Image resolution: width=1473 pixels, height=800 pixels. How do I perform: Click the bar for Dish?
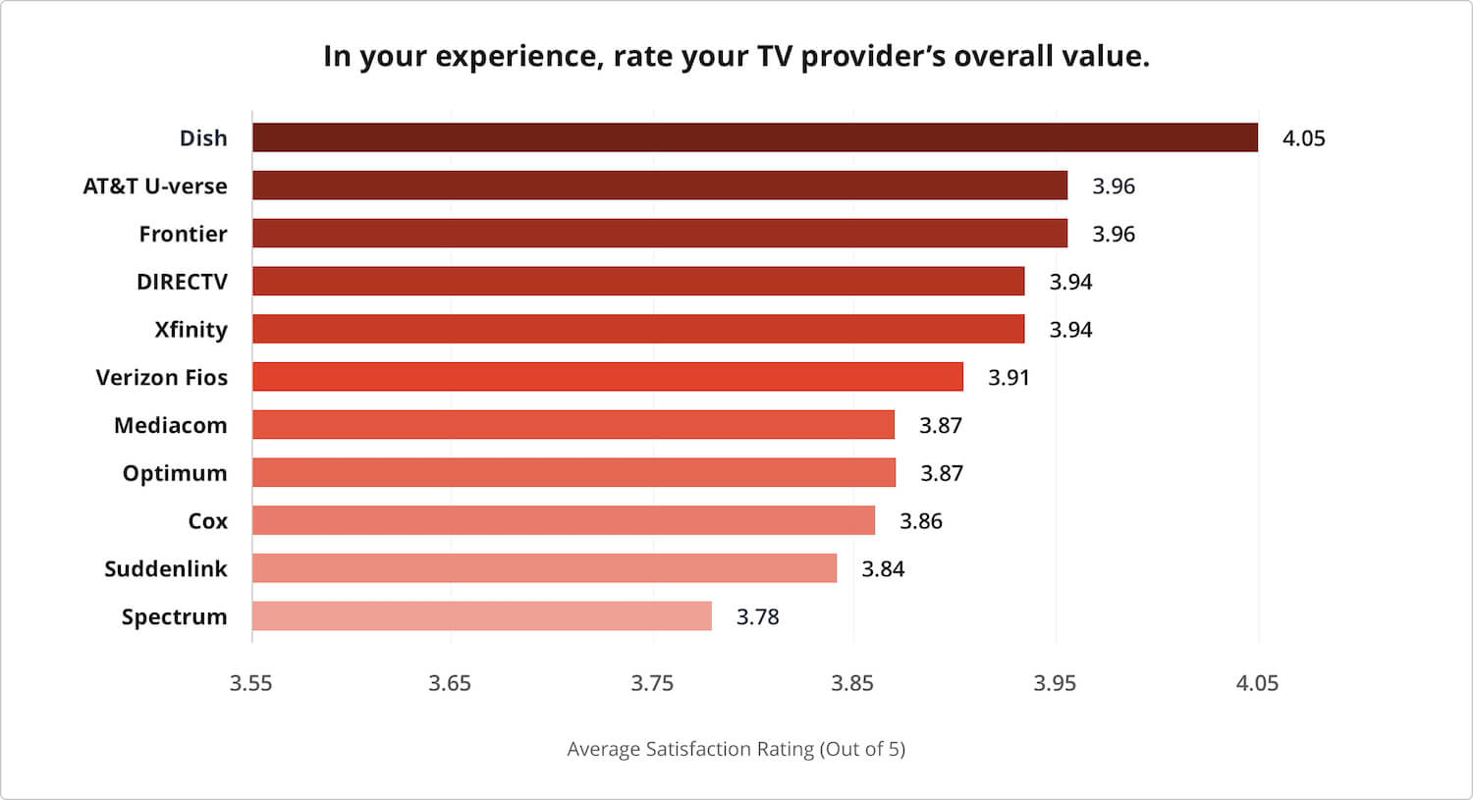tap(754, 137)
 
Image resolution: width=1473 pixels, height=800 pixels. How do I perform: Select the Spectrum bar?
tap(481, 616)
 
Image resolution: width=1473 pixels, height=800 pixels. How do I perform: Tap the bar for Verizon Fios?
tap(607, 377)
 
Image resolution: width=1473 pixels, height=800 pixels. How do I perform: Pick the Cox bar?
tap(563, 520)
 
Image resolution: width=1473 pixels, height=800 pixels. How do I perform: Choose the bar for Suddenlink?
tap(544, 568)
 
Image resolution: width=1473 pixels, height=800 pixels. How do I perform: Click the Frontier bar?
tap(659, 234)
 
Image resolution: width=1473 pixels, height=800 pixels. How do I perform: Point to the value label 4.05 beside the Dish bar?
tap(1303, 138)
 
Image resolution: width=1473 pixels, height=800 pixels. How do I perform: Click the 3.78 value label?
tap(757, 617)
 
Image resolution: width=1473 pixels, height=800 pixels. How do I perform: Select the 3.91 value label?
tap(1009, 378)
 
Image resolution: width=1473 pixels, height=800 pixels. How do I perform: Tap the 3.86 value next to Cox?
tap(920, 521)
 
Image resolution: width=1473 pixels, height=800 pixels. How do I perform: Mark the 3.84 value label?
tap(882, 569)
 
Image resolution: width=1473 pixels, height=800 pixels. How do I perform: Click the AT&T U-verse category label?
tap(155, 187)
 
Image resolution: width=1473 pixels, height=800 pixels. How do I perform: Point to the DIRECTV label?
tap(182, 282)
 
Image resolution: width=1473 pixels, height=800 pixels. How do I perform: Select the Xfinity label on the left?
tap(191, 330)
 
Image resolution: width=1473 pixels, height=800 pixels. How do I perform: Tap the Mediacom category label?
tap(170, 425)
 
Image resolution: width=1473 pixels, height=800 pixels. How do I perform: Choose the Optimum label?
tap(175, 473)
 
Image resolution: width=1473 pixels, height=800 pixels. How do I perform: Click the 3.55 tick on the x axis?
tap(250, 683)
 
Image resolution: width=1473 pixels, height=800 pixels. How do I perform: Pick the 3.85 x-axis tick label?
tap(851, 683)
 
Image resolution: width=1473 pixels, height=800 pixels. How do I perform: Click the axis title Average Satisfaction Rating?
tap(736, 749)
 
